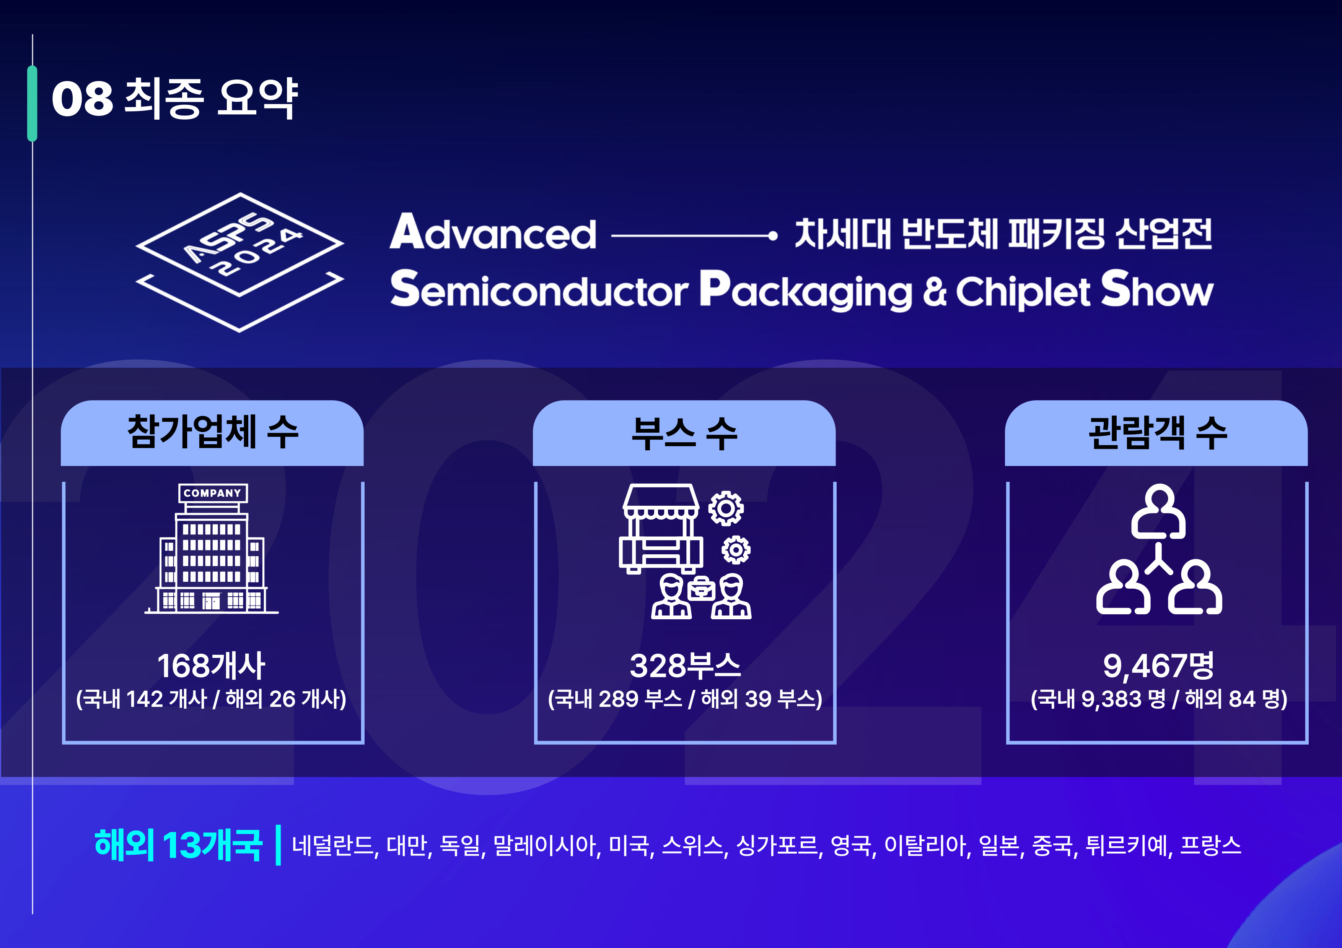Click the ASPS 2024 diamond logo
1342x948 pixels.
pyautogui.click(x=239, y=262)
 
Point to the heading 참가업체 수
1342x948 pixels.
pyautogui.click(x=213, y=432)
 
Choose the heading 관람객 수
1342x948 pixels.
pyautogui.click(x=1157, y=432)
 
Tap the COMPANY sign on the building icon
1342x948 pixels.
pyautogui.click(x=213, y=493)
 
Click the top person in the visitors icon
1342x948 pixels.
pyautogui.click(x=1158, y=512)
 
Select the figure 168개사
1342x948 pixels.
pyautogui.click(x=212, y=666)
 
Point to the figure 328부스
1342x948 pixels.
pyautogui.click(x=685, y=666)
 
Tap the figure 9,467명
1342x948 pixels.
pyautogui.click(x=1158, y=666)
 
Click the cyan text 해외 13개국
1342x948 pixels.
pyautogui.click(x=178, y=845)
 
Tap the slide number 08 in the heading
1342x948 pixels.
pyautogui.click(x=82, y=99)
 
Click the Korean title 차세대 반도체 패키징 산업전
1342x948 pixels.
pyautogui.click(x=1003, y=234)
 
